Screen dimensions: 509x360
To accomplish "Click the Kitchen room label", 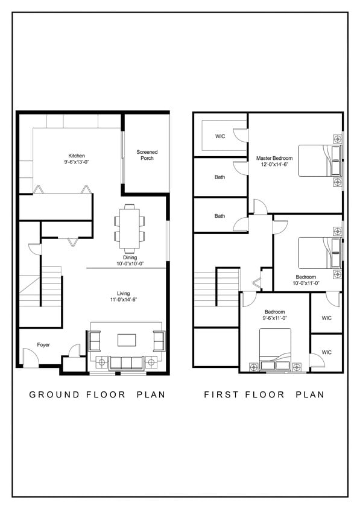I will point(77,156).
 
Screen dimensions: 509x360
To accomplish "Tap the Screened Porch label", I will point(147,155).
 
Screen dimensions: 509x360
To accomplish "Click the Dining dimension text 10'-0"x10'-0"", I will point(130,264).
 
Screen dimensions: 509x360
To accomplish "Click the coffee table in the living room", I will point(127,340).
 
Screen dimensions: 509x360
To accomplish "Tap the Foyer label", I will point(43,345).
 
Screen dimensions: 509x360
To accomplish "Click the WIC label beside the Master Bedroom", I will point(220,136).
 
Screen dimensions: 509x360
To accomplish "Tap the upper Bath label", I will point(220,177).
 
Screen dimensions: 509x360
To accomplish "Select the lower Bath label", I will point(220,216).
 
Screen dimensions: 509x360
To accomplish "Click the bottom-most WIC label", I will point(326,352).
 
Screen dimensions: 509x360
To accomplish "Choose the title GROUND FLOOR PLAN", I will point(97,395).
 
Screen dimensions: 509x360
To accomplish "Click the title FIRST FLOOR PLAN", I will point(264,395).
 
